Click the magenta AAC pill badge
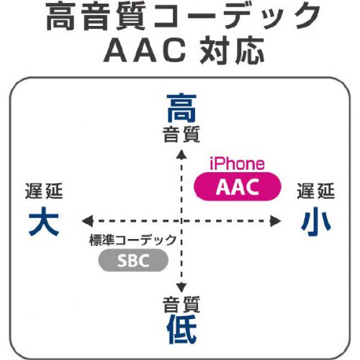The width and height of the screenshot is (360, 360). (238, 186)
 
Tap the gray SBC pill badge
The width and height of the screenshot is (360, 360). (133, 261)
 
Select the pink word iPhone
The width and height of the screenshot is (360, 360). (237, 163)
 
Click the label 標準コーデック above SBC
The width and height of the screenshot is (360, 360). (133, 240)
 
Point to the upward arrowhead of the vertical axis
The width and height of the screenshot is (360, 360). (181, 154)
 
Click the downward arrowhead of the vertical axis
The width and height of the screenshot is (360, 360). (181, 287)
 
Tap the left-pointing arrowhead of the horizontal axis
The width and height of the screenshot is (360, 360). (87, 221)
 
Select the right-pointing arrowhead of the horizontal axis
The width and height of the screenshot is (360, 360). (275, 221)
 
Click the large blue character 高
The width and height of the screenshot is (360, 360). (181, 108)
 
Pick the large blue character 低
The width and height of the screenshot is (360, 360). (181, 329)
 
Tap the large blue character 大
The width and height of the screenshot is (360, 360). (44, 221)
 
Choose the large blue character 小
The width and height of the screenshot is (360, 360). (316, 221)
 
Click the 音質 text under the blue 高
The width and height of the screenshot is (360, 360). (181, 135)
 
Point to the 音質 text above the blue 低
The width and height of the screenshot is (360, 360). (181, 305)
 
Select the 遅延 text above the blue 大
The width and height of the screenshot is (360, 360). (44, 191)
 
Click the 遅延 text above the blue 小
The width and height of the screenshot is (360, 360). (316, 191)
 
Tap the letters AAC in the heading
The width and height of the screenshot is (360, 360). (145, 50)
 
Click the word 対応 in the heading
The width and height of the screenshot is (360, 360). (232, 50)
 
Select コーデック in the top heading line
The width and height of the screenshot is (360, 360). (237, 17)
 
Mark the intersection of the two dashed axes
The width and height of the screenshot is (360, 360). (181, 221)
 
